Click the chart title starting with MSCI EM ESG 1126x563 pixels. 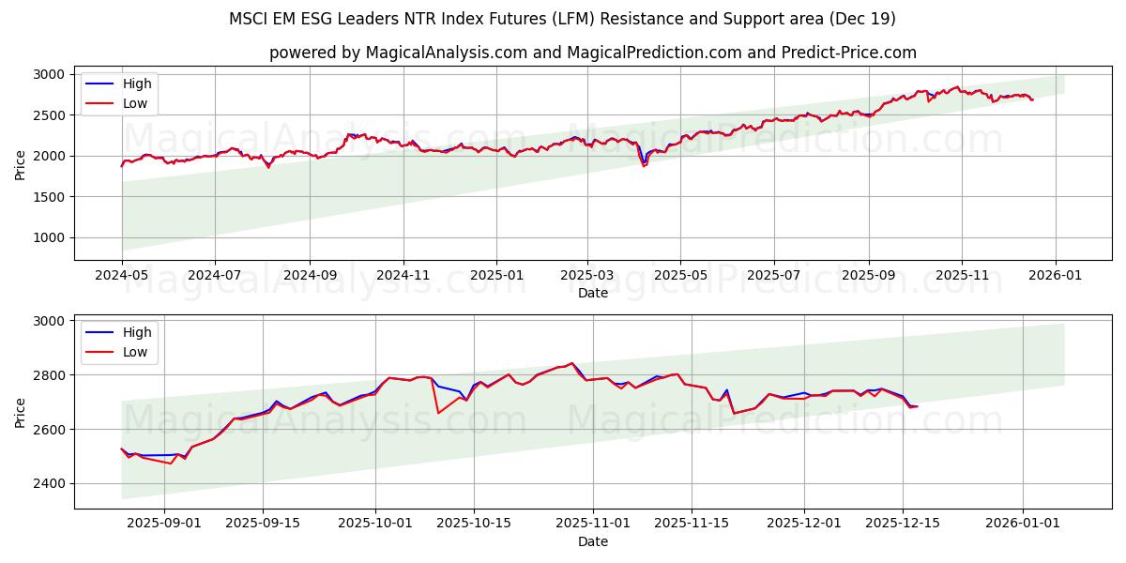pos(562,19)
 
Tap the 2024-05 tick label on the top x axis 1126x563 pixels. pos(122,276)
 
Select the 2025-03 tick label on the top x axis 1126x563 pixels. pos(587,276)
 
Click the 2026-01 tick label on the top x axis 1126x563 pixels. pos(1055,276)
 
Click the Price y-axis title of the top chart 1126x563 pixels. pos(21,164)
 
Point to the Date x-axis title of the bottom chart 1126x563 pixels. pos(592,541)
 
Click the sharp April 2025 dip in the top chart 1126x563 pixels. pos(644,166)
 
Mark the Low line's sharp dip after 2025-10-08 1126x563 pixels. pos(438,413)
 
